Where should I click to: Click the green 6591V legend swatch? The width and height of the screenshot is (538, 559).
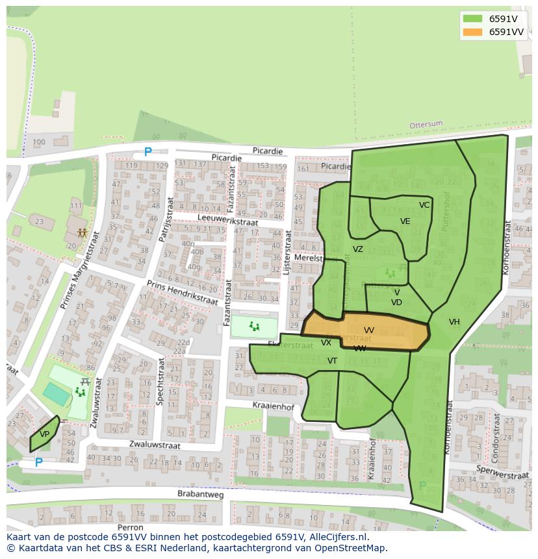[472, 19]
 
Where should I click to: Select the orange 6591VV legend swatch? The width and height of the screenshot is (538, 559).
[472, 32]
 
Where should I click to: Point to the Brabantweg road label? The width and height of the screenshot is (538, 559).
[200, 494]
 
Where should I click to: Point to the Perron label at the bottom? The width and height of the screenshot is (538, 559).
[131, 528]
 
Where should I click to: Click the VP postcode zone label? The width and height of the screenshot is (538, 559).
[44, 434]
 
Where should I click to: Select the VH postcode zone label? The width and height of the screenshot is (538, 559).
[454, 322]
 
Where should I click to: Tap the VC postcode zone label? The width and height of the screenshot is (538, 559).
[424, 205]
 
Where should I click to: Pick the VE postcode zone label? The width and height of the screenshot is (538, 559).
[405, 221]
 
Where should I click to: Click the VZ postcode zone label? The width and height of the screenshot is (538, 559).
[358, 249]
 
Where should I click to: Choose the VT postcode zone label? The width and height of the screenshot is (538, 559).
[332, 361]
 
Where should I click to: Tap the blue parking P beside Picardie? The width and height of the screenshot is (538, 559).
[147, 153]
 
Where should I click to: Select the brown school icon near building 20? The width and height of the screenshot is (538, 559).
[82, 232]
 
